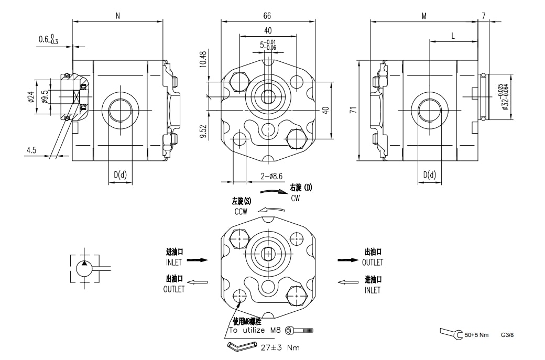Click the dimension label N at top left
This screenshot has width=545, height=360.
118,16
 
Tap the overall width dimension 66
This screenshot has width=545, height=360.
268,16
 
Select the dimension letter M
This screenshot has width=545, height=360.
424,16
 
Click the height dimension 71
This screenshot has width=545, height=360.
353,110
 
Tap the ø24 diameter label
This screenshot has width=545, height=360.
31,97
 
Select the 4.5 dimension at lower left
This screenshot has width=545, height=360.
31,150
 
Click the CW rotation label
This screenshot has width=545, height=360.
296,198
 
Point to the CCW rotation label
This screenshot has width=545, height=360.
241,212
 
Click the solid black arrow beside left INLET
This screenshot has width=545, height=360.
198,259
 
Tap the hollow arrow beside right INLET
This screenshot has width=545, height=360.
347,282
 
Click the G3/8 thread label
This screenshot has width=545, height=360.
507,334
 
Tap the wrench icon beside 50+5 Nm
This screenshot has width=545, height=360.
451,333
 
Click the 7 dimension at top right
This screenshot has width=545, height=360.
483,16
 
